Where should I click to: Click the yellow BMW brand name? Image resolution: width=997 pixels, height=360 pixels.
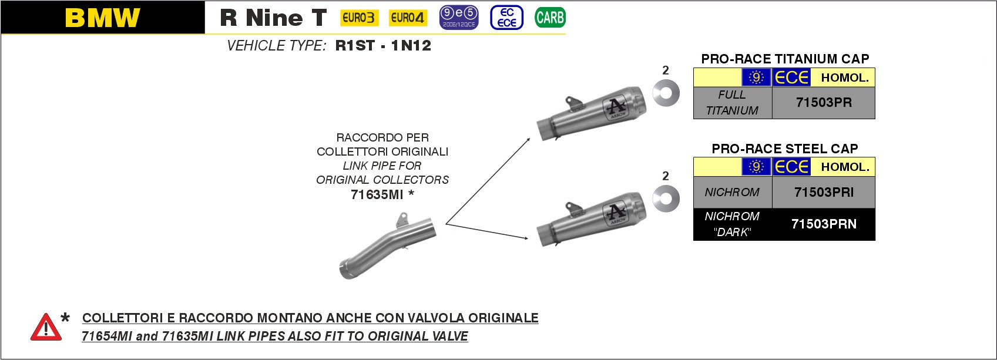point(102,18)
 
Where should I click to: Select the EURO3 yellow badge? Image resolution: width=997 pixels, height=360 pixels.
point(360,18)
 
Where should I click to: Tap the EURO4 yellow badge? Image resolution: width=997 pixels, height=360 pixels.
point(408,18)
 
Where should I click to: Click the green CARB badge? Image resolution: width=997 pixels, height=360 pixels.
point(550,18)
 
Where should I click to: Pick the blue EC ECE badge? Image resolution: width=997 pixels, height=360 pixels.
point(506,18)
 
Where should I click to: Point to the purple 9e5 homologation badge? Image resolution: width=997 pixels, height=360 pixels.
point(458,18)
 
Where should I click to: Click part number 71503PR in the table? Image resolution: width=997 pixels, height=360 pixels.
point(824,103)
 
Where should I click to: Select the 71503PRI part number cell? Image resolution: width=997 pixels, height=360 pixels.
point(824,192)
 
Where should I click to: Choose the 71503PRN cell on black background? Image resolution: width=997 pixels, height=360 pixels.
point(824,224)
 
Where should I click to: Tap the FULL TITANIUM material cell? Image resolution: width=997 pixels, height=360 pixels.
point(732,103)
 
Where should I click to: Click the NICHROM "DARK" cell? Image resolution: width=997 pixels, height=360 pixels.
point(732,224)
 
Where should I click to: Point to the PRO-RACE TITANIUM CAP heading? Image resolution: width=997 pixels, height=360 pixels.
point(785,59)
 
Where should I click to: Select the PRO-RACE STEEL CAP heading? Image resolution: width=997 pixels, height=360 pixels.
point(785,148)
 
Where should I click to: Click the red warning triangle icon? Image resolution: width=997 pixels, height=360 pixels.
point(46,328)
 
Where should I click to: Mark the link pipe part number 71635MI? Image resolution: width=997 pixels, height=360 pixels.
point(377,194)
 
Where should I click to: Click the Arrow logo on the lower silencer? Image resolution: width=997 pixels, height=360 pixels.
point(616,214)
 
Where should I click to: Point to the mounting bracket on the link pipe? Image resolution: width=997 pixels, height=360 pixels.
point(402,220)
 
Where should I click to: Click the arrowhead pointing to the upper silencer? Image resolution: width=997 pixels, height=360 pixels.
point(528,139)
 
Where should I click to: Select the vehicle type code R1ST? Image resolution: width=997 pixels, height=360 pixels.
point(355,45)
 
